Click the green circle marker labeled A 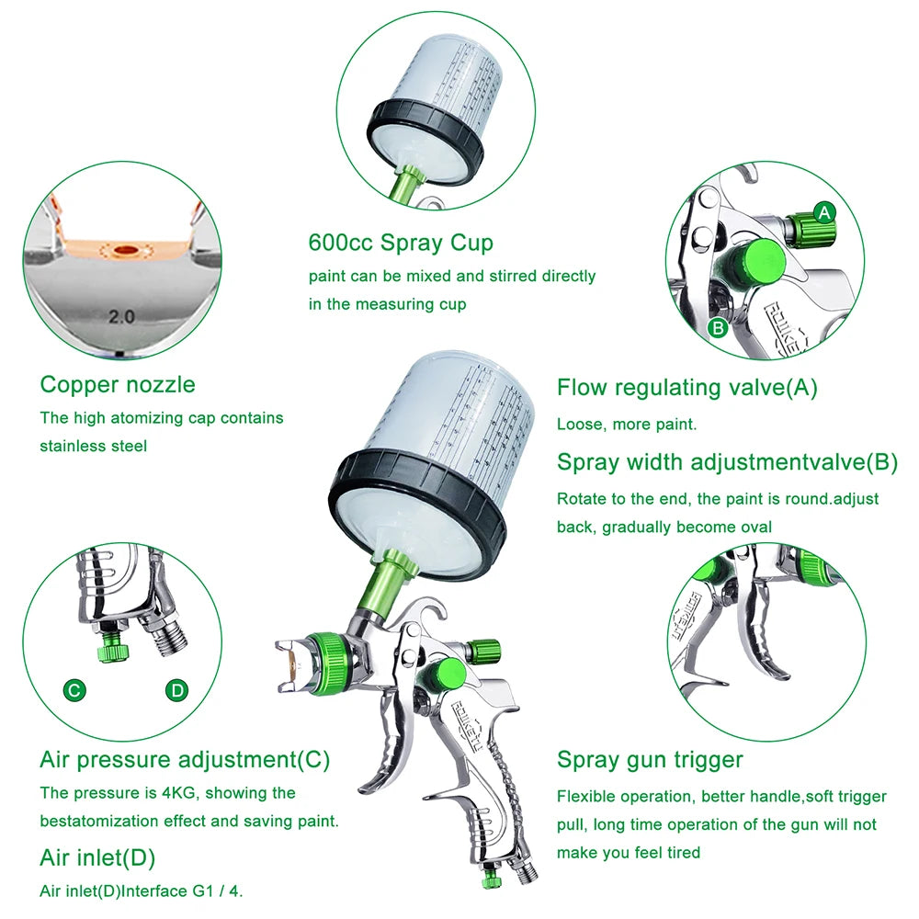click(824, 212)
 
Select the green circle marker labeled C click(75, 690)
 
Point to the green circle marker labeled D click(176, 690)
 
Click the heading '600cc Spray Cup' click(401, 244)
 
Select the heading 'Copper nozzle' click(118, 384)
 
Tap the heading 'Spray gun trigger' click(650, 760)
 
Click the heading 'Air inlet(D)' click(97, 858)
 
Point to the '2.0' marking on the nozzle click(121, 316)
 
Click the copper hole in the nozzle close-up click(122, 249)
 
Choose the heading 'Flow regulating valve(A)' click(686, 388)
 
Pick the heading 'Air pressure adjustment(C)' click(184, 760)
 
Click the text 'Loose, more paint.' click(627, 425)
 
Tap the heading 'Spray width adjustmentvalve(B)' click(727, 462)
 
